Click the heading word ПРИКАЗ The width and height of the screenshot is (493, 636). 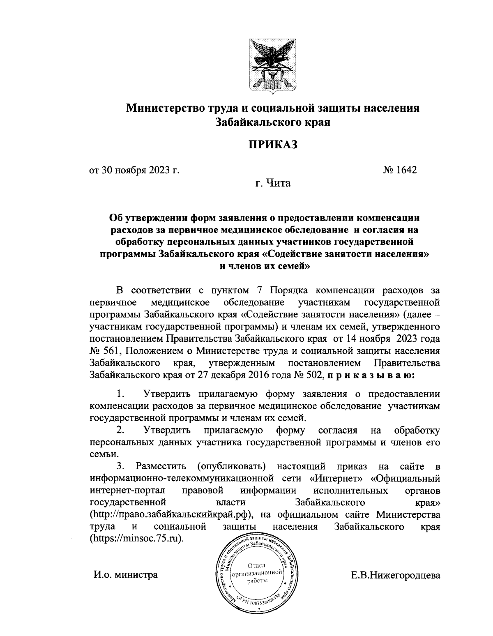(272, 145)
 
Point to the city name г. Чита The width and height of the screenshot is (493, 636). (272, 183)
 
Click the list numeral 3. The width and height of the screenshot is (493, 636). (120, 466)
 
